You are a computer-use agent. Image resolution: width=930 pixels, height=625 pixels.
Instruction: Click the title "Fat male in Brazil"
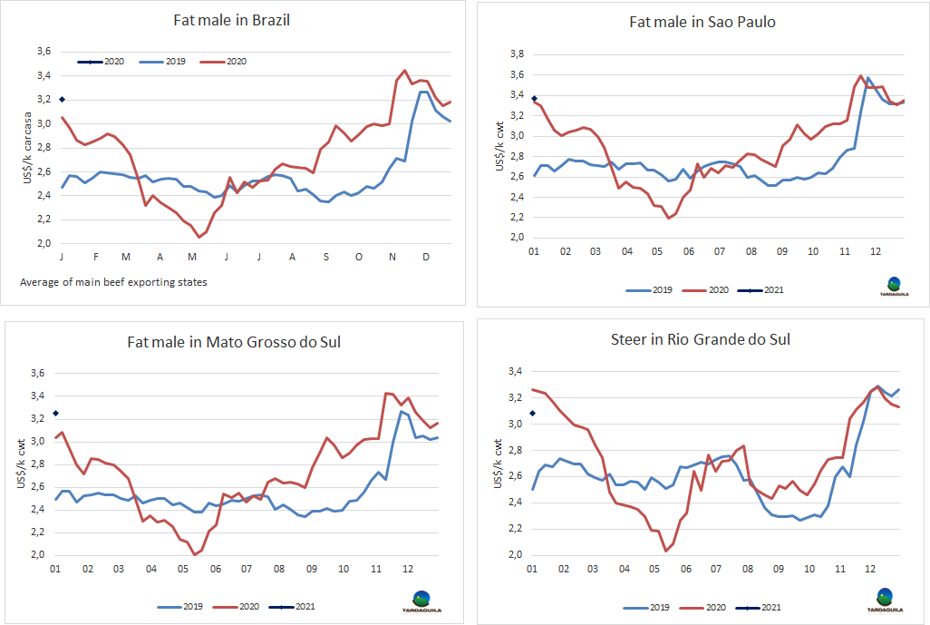(x=232, y=21)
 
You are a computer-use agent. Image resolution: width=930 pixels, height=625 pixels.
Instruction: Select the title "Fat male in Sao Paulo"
(x=702, y=22)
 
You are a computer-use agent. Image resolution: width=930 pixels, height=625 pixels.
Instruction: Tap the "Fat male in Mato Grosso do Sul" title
(x=233, y=342)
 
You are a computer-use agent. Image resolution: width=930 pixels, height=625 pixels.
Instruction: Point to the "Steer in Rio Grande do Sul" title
(x=701, y=339)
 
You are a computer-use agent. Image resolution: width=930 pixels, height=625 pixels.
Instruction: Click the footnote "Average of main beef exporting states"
(x=113, y=282)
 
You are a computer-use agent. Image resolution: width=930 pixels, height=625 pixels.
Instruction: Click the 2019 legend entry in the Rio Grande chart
(x=651, y=608)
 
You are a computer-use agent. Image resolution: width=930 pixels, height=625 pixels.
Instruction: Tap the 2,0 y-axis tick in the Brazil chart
(x=44, y=244)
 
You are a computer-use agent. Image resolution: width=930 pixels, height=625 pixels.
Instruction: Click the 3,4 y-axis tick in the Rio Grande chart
(x=514, y=371)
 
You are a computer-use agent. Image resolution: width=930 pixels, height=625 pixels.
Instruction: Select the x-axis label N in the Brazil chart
(x=392, y=258)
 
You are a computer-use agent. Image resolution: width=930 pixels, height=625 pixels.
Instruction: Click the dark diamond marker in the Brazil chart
(x=62, y=99)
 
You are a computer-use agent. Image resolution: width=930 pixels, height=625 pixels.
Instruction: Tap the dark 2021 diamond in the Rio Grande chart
(x=532, y=414)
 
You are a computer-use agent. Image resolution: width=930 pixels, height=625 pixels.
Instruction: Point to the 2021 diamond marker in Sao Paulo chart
(x=534, y=98)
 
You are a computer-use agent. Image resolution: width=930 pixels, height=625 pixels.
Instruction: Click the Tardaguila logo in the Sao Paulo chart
(x=894, y=287)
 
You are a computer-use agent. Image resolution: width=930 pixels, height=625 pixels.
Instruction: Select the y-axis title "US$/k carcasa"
(x=27, y=151)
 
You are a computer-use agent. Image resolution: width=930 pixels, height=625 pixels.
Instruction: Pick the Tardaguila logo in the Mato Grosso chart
(x=422, y=601)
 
